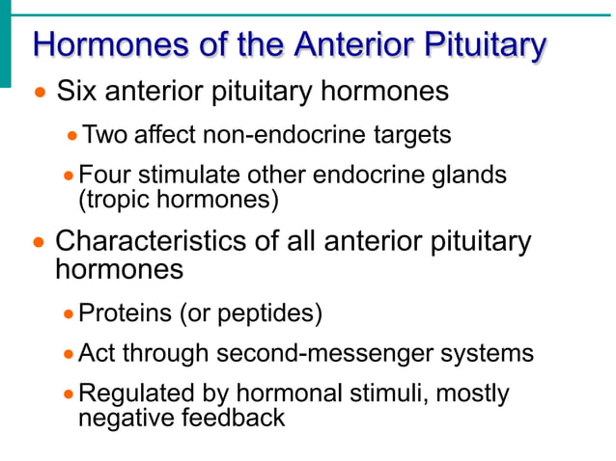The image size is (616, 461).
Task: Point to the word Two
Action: (x=105, y=135)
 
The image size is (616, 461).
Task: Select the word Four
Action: (x=105, y=176)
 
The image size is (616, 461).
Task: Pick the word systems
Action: (x=488, y=353)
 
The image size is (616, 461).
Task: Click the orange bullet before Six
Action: (x=40, y=95)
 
